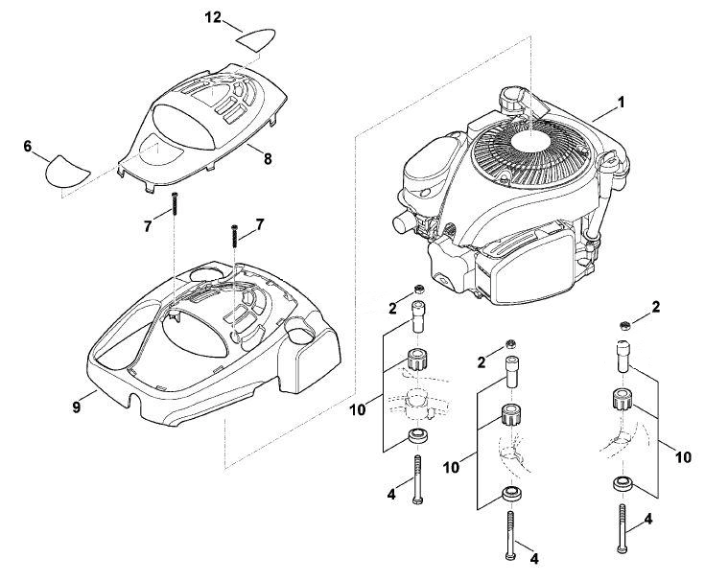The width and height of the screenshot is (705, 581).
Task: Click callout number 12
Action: click(213, 18)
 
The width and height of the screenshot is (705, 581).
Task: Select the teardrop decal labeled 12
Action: click(255, 38)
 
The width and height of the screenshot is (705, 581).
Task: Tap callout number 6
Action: click(28, 147)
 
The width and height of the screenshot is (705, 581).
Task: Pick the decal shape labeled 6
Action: click(67, 172)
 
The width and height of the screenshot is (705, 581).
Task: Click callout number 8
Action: click(268, 158)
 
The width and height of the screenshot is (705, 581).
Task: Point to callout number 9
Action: click(77, 407)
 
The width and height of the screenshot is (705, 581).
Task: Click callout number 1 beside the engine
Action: click(622, 103)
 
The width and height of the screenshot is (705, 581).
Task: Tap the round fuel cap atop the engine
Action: click(513, 101)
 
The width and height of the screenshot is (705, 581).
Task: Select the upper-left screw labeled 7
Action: click(175, 204)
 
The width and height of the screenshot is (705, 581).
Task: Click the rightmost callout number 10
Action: click(683, 457)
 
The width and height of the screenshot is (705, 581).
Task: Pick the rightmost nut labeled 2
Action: click(623, 326)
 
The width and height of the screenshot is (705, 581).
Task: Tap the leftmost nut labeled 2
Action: click(418, 289)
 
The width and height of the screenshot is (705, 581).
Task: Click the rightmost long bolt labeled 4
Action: click(623, 528)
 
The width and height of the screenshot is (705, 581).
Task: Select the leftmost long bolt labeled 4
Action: click(417, 479)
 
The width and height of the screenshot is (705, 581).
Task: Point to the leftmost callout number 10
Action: click(359, 409)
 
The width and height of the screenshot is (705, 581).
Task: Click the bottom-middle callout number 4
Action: click(534, 559)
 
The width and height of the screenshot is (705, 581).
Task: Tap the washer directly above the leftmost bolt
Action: click(417, 436)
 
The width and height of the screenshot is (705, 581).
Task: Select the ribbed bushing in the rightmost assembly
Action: click(623, 400)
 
